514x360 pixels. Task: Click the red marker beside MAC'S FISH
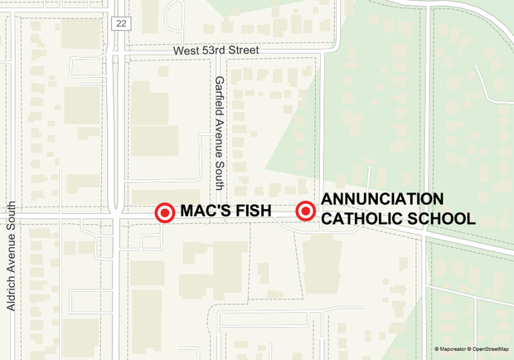pos(165,212)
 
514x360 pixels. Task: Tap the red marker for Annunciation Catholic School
pos(306,211)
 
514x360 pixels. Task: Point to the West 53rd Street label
pos(216,51)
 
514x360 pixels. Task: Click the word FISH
pos(252,212)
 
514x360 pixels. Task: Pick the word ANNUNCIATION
pos(381,199)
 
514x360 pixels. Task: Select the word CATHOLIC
pos(358,219)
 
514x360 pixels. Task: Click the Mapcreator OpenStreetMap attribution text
pos(472,350)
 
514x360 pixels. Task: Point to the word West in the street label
pos(187,51)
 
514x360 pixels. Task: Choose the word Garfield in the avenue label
pos(220,93)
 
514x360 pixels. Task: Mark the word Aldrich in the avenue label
pos(12,294)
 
